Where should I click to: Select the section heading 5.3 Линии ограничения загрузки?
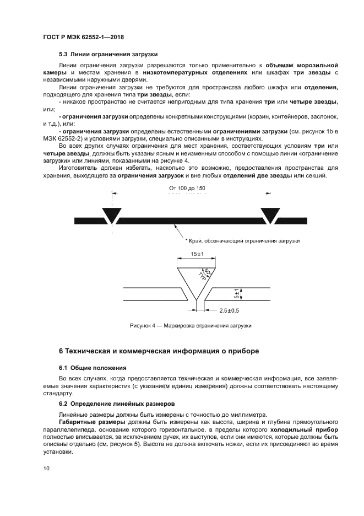tap(108, 54)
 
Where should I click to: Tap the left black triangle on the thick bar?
tap(112, 215)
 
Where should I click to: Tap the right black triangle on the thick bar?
tap(270, 215)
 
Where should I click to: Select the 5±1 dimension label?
tap(236, 294)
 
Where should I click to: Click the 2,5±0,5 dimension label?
tap(232, 310)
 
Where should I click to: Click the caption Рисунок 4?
tap(190, 326)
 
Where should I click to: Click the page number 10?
tap(46, 468)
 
